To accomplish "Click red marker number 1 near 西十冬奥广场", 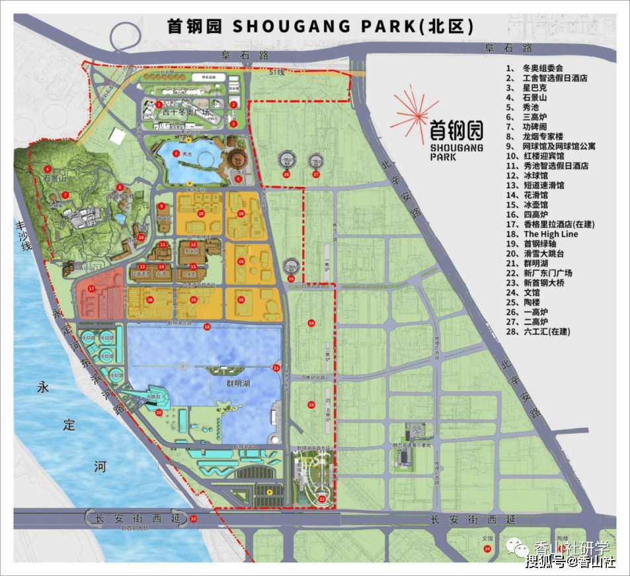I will pyautogui.click(x=159, y=104).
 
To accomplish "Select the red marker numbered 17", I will pyautogui.click(x=92, y=289).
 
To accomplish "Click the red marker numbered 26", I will pyautogui.click(x=286, y=174).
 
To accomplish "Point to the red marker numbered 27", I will pyautogui.click(x=316, y=174).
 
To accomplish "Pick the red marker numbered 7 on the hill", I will pyautogui.click(x=65, y=195).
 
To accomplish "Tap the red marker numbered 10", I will pyautogui.click(x=141, y=237).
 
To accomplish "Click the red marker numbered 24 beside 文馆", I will pyautogui.click(x=487, y=548).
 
